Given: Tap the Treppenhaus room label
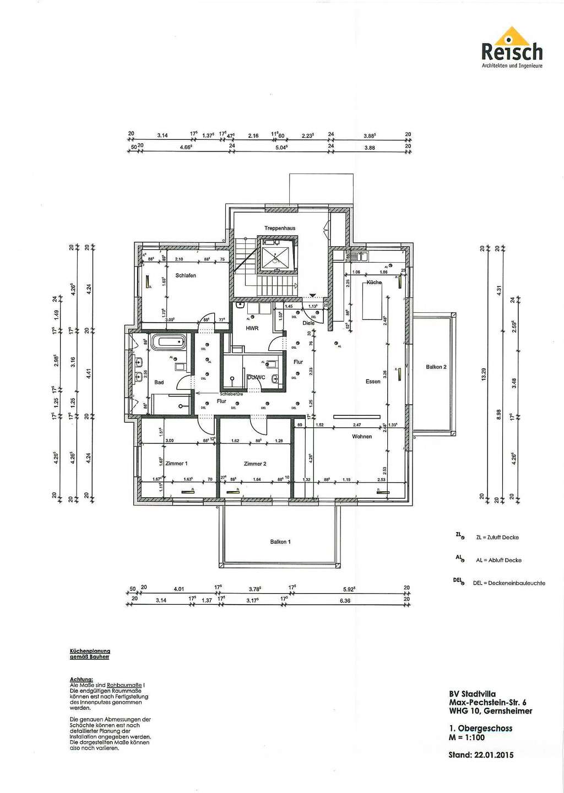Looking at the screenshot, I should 279,228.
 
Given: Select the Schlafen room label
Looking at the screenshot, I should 186,275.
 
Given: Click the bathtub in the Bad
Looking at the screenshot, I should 169,342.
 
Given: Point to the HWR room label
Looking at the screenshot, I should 252,328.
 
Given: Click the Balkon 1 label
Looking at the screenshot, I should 280,542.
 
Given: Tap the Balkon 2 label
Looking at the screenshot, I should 436,367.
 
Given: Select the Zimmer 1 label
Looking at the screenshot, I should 177,464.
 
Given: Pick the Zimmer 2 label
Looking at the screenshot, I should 255,464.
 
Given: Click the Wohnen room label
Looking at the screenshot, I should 362,437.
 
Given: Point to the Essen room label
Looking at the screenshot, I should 373,382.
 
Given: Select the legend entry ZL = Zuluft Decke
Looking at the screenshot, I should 497,537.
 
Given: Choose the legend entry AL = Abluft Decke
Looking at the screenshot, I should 498,560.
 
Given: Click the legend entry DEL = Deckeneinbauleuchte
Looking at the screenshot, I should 508,583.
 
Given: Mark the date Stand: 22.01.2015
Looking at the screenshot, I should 481,755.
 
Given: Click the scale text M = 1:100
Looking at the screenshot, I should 467,737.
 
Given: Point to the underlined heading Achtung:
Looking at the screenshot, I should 82,680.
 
